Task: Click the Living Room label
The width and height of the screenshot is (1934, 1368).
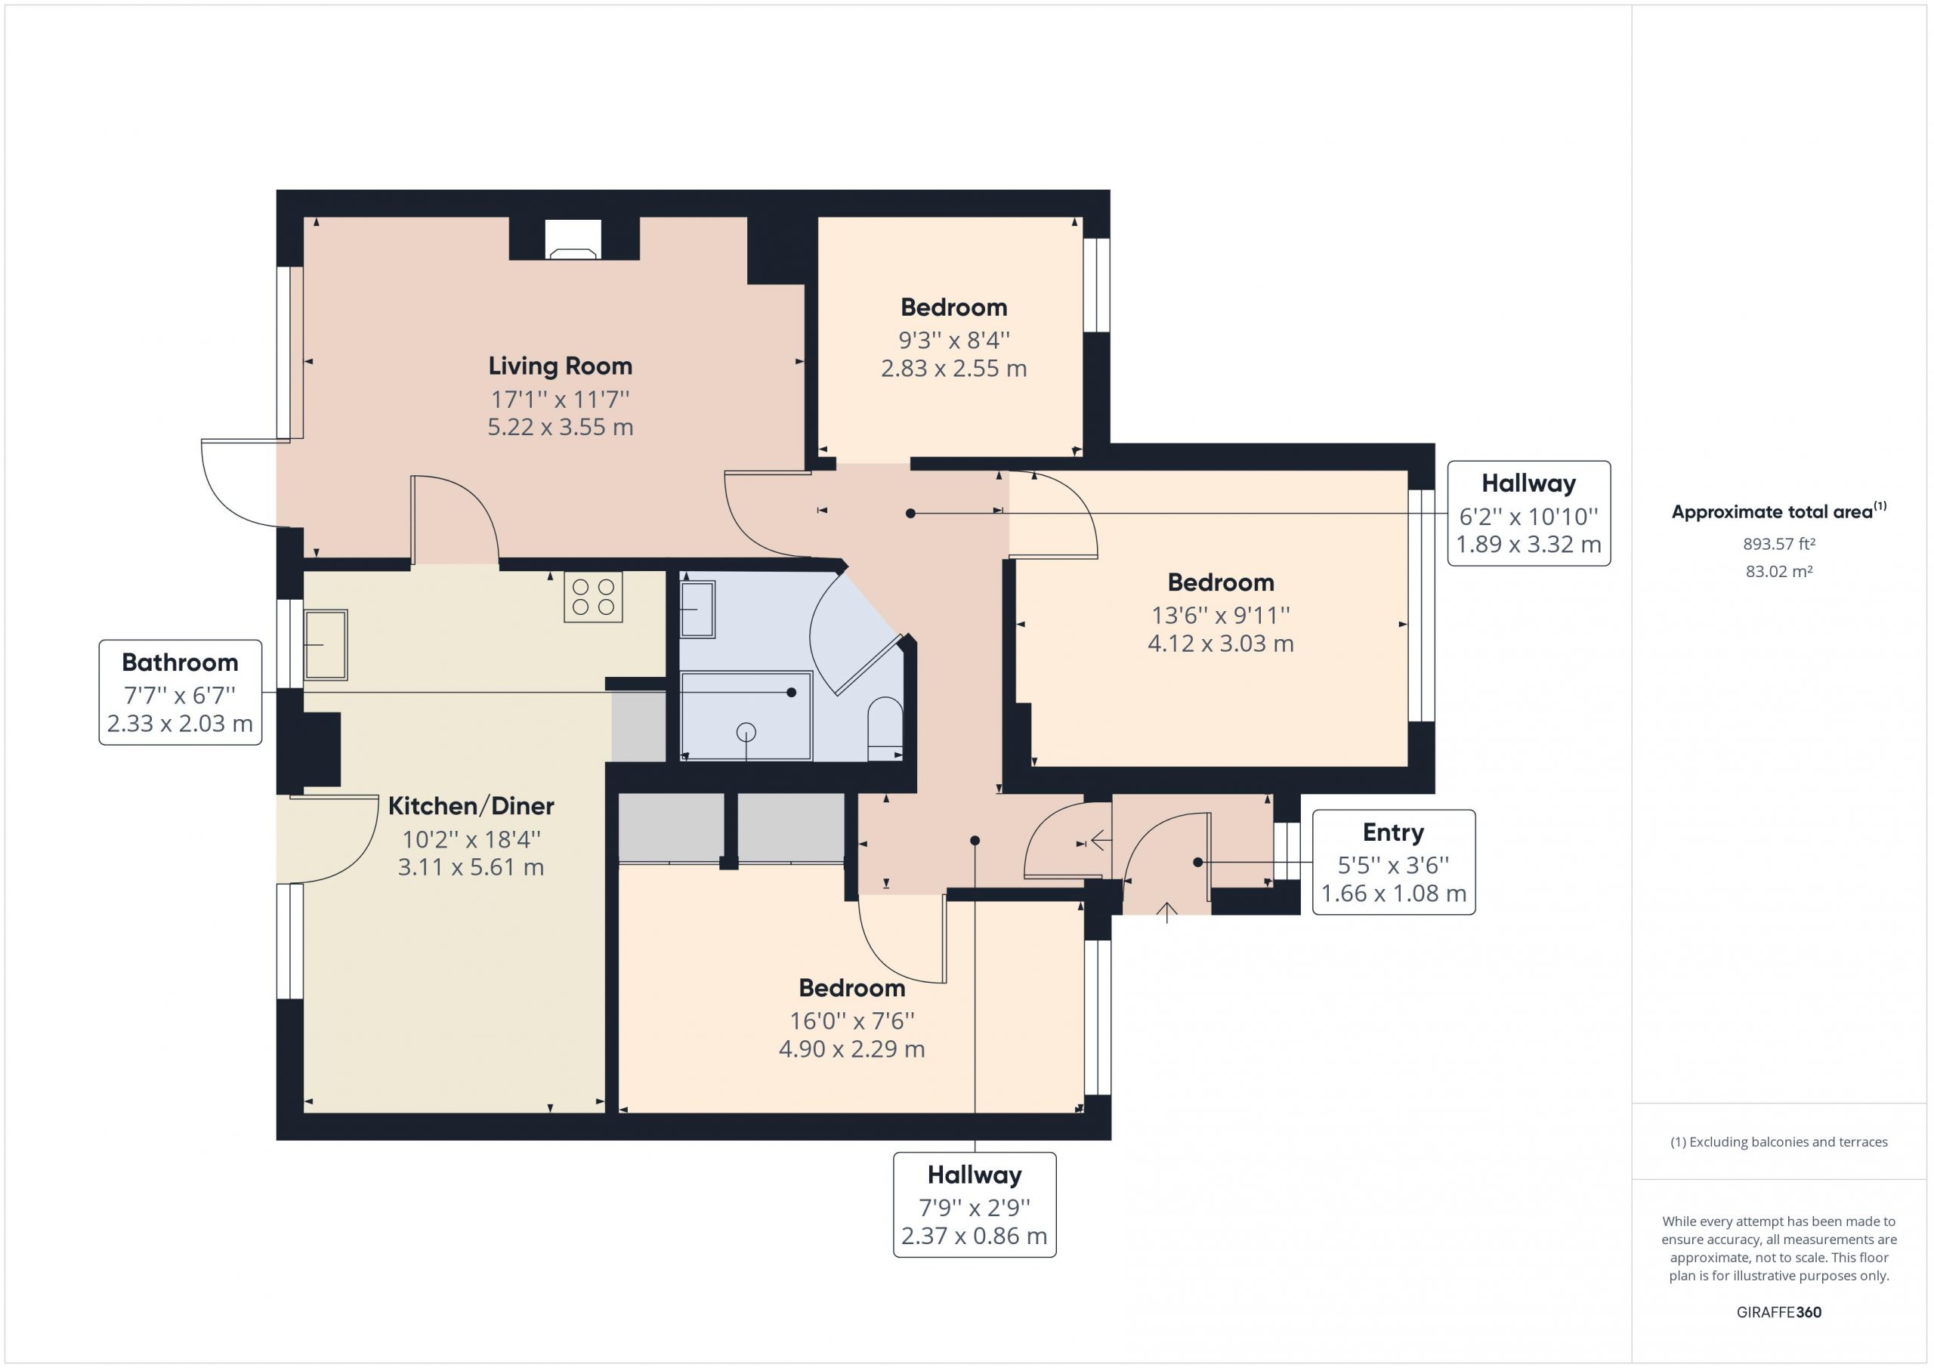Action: (x=560, y=366)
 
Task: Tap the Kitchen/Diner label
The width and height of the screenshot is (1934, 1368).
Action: (x=471, y=806)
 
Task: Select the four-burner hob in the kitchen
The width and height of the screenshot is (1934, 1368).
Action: (x=593, y=598)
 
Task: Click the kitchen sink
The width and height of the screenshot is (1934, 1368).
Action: (x=325, y=644)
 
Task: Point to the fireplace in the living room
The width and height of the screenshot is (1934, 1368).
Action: (x=573, y=239)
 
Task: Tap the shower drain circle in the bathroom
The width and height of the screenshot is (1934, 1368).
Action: (x=746, y=733)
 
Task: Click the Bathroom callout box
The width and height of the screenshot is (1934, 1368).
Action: (x=181, y=693)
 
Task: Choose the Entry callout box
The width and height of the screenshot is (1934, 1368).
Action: (x=1393, y=862)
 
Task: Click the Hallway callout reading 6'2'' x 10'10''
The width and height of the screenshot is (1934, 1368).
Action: (x=1529, y=513)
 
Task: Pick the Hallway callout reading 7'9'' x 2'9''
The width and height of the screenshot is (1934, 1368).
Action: (x=975, y=1205)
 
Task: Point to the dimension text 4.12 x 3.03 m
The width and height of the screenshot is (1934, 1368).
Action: (x=1221, y=644)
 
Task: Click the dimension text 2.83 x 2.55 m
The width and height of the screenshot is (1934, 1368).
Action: (x=953, y=369)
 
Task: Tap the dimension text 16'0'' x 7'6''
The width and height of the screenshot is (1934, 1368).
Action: (x=851, y=1021)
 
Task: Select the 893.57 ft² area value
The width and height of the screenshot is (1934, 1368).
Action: (x=1779, y=544)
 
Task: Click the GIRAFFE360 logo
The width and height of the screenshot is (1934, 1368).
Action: (x=1779, y=1311)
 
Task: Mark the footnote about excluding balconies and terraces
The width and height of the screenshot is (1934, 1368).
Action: (x=1779, y=1142)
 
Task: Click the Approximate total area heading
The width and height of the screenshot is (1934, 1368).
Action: (x=1779, y=511)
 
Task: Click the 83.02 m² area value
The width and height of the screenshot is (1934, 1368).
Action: (x=1779, y=571)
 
